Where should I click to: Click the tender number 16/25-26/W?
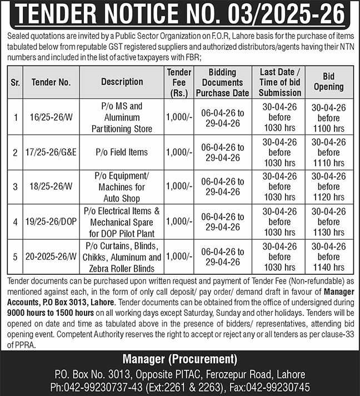(51, 117)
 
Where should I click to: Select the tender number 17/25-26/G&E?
(52, 152)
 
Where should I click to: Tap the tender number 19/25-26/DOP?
(52, 221)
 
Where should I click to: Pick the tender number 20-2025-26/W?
(51, 256)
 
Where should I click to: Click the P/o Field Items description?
(122, 152)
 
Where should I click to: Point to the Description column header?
(122, 82)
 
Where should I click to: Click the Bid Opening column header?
(328, 82)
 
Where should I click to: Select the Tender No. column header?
(51, 82)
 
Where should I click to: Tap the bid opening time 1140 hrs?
(328, 267)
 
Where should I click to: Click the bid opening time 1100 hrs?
(328, 128)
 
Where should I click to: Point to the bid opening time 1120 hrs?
(328, 197)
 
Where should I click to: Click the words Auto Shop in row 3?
(122, 198)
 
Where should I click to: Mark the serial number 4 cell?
(16, 221)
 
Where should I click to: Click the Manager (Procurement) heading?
(180, 358)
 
